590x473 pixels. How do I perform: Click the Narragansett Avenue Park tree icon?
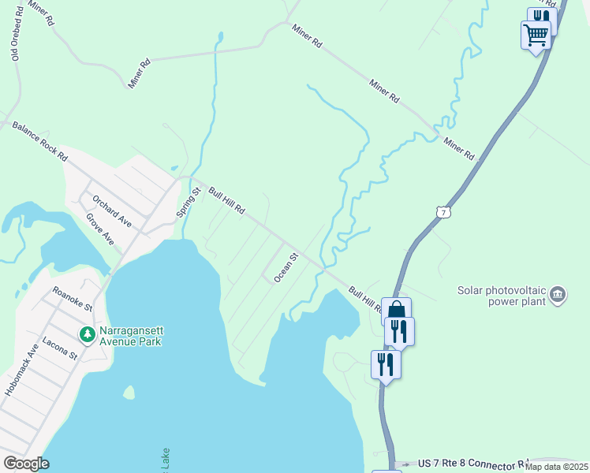point(87,334)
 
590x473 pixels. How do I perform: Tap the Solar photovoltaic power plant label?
point(502,296)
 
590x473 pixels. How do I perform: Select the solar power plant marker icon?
point(558,295)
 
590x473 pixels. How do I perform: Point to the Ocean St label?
point(285,268)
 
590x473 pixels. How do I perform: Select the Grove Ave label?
point(100,229)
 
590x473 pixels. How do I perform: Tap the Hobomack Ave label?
point(21,369)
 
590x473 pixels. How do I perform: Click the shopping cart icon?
point(536,35)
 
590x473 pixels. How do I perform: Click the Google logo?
point(27,464)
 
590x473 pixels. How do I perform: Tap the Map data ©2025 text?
point(556,467)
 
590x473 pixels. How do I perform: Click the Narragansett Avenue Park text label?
point(130,336)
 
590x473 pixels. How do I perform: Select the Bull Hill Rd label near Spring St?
point(227,201)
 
